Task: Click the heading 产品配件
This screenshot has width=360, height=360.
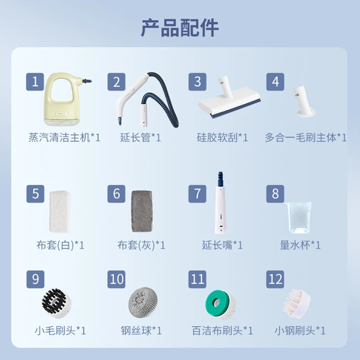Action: point(180,28)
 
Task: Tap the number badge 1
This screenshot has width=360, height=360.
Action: point(35,82)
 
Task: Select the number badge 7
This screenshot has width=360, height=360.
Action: point(197,194)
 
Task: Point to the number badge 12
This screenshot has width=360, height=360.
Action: point(275,279)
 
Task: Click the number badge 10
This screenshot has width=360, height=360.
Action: point(116,279)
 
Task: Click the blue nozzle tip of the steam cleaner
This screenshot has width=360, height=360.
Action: point(87,81)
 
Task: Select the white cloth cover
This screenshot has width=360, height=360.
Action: point(60,211)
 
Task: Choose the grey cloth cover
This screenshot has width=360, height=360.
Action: point(142,211)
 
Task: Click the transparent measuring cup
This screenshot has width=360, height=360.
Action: point(299,217)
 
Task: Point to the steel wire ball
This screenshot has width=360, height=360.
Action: point(143,302)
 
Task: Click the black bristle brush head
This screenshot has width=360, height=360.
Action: point(57,303)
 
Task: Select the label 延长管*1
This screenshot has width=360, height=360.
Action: point(141,138)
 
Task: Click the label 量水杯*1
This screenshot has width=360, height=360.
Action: point(300,245)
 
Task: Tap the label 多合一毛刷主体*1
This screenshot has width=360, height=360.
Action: point(305,138)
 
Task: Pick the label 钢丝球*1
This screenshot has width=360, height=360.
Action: point(141,331)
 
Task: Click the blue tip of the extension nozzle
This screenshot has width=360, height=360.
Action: point(221,179)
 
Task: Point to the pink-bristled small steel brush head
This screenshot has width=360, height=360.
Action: point(297,303)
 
